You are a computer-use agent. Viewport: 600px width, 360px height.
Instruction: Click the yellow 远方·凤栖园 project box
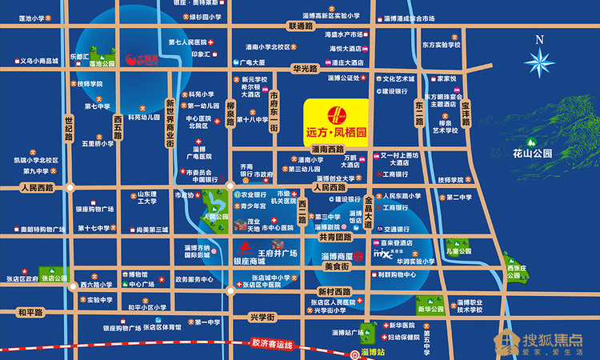click(x=336, y=120)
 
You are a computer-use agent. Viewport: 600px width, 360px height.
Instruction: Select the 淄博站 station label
click(x=373, y=351)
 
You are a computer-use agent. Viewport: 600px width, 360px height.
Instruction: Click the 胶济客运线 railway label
click(x=272, y=344)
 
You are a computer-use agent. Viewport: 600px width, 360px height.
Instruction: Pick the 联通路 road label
click(x=295, y=26)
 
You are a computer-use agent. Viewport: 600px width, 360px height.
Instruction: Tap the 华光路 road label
click(x=305, y=69)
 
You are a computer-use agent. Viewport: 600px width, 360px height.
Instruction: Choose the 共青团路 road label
click(x=335, y=237)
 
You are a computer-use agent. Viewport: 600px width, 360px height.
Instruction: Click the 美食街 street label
click(x=335, y=265)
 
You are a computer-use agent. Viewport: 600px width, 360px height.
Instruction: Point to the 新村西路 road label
click(x=334, y=291)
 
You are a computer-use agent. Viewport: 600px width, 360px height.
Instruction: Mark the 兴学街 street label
click(x=261, y=318)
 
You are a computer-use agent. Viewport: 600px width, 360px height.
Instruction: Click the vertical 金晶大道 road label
click(x=369, y=212)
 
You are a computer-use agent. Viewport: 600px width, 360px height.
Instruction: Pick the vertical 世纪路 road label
click(x=70, y=130)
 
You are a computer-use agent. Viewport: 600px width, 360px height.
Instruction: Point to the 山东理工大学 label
click(x=145, y=198)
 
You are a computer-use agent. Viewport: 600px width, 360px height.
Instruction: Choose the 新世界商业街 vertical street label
click(x=170, y=123)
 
